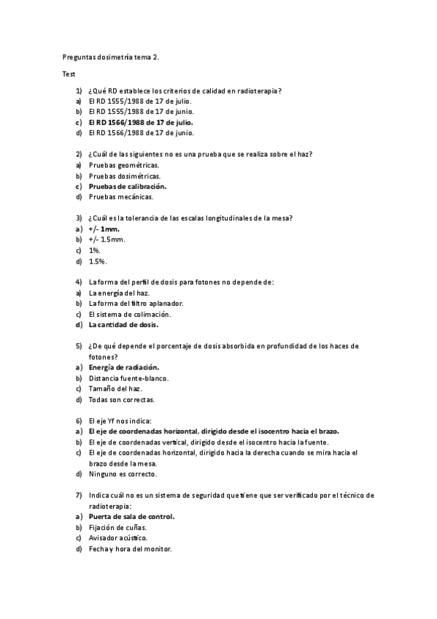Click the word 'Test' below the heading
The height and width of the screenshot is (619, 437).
[x=69, y=74]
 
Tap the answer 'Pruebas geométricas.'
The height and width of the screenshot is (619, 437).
[x=124, y=165]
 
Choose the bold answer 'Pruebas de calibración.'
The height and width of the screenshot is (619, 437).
[x=128, y=186]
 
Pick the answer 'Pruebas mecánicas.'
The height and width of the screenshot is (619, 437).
[x=121, y=196]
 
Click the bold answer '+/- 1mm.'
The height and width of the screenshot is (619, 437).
[x=104, y=228]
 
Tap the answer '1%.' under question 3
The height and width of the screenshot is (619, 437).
[x=95, y=250]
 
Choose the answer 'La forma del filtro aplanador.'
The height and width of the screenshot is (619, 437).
[x=136, y=303]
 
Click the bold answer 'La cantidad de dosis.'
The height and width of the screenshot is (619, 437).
[x=124, y=324]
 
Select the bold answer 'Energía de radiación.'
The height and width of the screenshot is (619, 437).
[x=124, y=367]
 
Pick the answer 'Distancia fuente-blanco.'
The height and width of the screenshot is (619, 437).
[x=128, y=378]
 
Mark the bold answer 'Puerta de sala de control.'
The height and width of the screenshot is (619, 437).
[x=132, y=517]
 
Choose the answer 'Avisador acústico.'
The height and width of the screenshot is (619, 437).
[x=118, y=538]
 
